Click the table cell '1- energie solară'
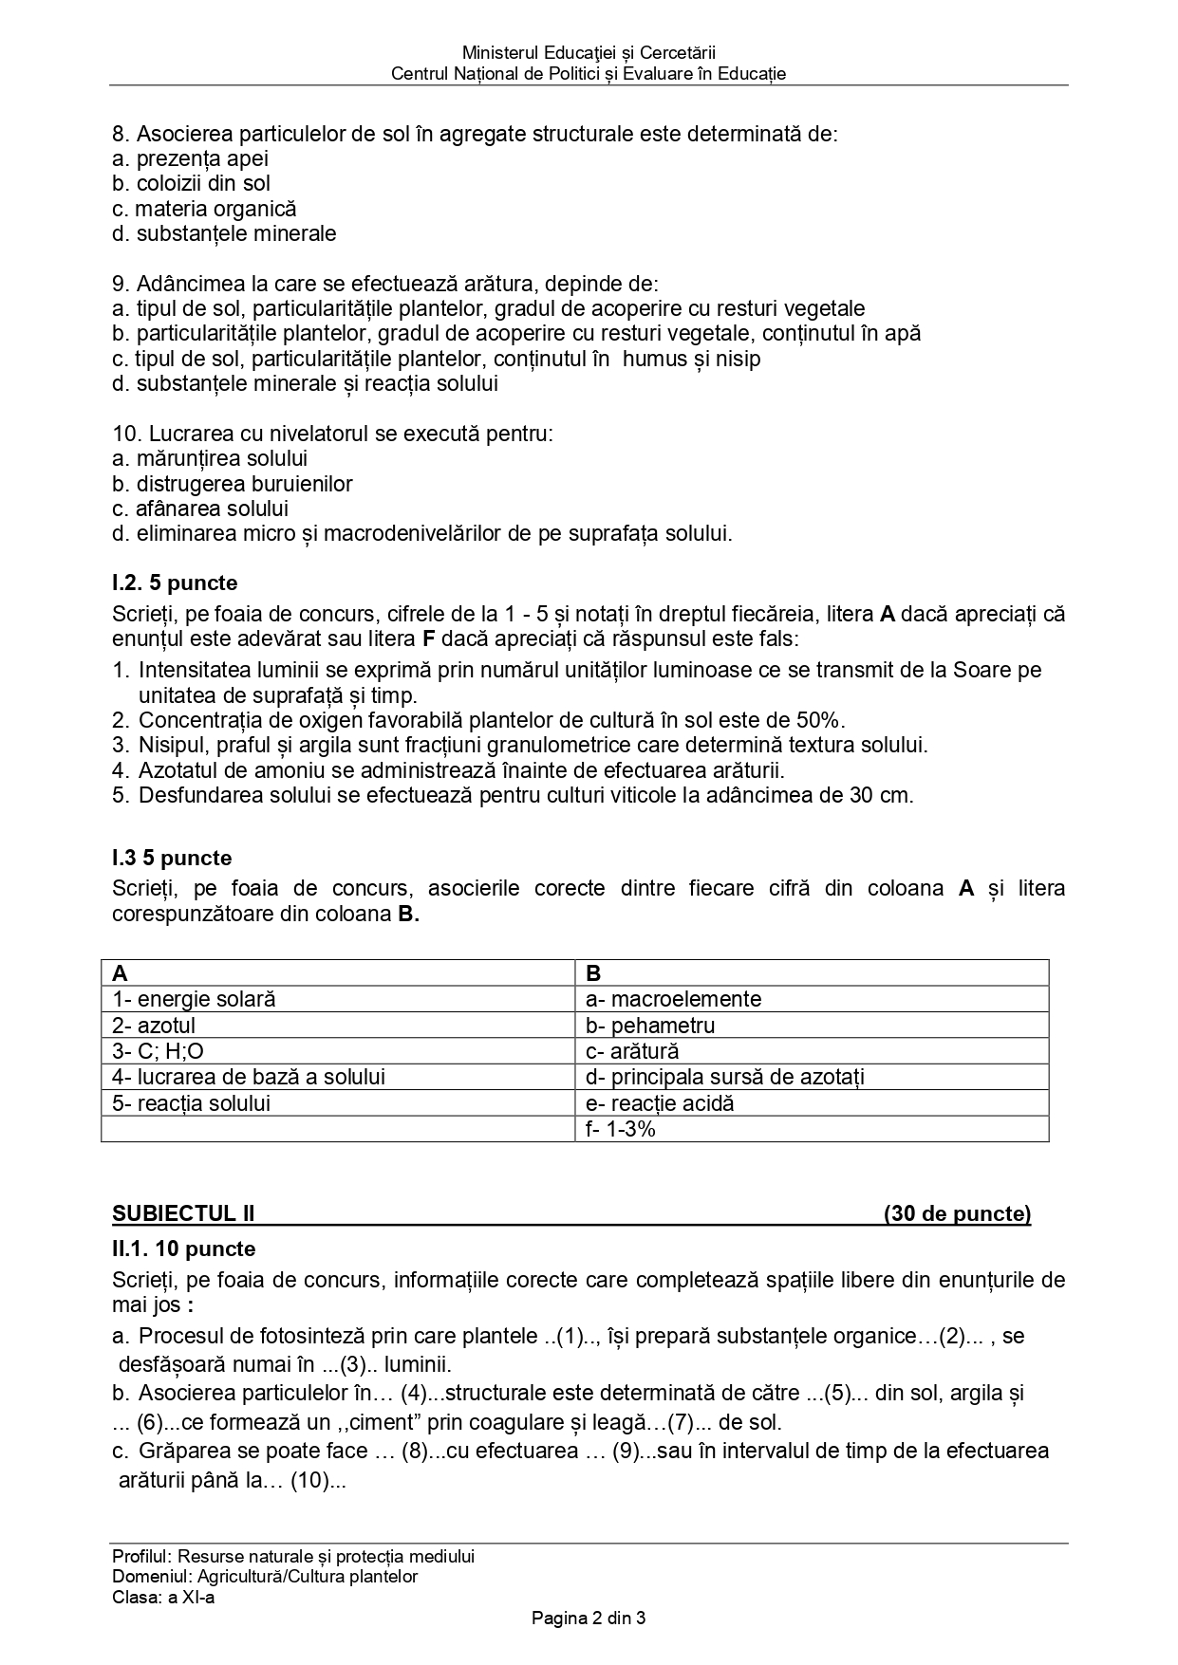tap(195, 999)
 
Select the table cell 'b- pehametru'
tap(651, 1026)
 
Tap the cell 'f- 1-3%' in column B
tap(621, 1129)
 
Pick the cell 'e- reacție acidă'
tap(661, 1103)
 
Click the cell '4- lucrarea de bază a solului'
tap(249, 1077)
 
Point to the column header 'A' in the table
tap(121, 973)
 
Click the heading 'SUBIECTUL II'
tap(183, 1213)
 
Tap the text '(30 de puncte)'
tap(957, 1213)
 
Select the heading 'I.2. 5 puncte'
tap(175, 583)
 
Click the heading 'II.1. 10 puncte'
tap(183, 1249)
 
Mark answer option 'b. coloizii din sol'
tap(191, 183)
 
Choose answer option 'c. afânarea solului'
tap(200, 509)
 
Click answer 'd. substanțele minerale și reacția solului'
tap(305, 383)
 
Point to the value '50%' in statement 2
tap(822, 720)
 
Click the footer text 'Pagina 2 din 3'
tap(589, 1619)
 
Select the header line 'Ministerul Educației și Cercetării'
tap(589, 53)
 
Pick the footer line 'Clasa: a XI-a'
tap(163, 1597)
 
